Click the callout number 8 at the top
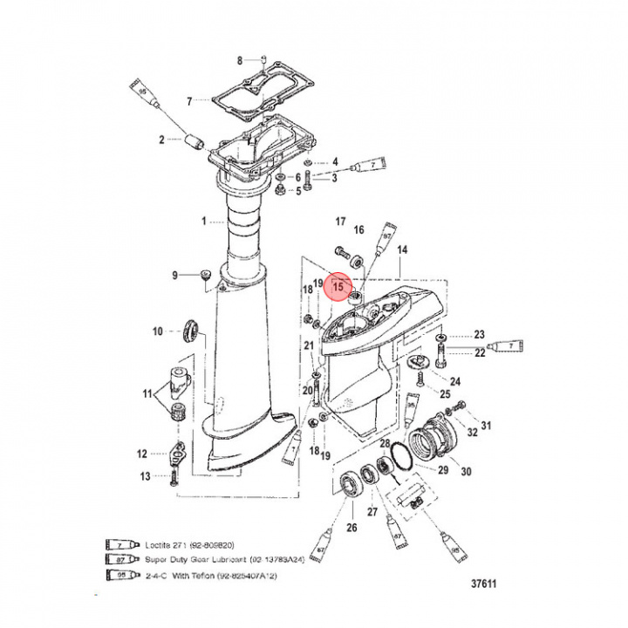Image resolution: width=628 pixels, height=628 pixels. [240, 59]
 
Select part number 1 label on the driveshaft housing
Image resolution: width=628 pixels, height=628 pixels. [204, 222]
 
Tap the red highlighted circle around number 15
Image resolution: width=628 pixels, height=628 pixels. [338, 286]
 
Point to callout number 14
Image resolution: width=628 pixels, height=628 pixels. [402, 249]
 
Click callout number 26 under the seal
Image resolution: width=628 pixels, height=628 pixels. [352, 526]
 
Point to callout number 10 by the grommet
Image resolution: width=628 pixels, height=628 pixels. [158, 331]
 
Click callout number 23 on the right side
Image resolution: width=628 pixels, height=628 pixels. [479, 335]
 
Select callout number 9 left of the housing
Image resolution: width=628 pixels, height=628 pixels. [174, 276]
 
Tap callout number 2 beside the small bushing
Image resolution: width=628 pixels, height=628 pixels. [161, 140]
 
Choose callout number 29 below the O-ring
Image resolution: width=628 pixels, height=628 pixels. [442, 471]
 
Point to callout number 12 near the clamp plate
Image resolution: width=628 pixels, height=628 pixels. [141, 453]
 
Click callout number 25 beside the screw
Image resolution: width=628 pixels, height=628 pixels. [444, 395]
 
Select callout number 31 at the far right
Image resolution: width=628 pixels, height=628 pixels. [486, 426]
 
